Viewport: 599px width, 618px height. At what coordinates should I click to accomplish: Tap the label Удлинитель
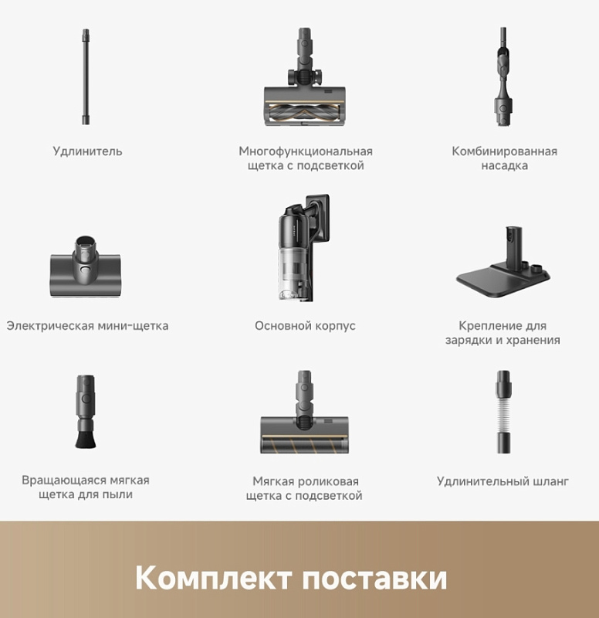[x=87, y=151]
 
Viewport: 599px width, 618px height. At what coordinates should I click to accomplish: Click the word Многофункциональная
[x=305, y=151]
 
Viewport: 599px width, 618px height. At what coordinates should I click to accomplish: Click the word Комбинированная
[x=504, y=151]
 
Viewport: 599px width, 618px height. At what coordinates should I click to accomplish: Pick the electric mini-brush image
[x=86, y=267]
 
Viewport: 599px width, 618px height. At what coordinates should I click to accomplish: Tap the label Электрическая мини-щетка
[x=87, y=326]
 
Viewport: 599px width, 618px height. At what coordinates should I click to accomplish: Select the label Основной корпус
[x=305, y=326]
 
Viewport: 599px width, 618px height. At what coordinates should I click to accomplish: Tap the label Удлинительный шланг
[x=503, y=481]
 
